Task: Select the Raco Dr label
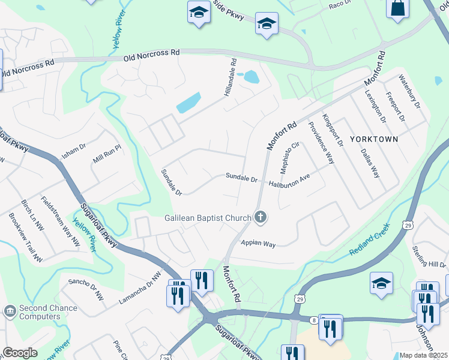pos(339,5)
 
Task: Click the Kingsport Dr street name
pos(333,130)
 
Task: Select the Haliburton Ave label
pos(289,182)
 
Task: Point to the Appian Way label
pos(258,244)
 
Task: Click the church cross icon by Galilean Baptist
pos(260,217)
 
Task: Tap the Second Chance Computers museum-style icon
pos(10,311)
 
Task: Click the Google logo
pos(19,353)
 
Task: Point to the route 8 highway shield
pos(313,320)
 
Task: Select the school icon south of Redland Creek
pos(381,283)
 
